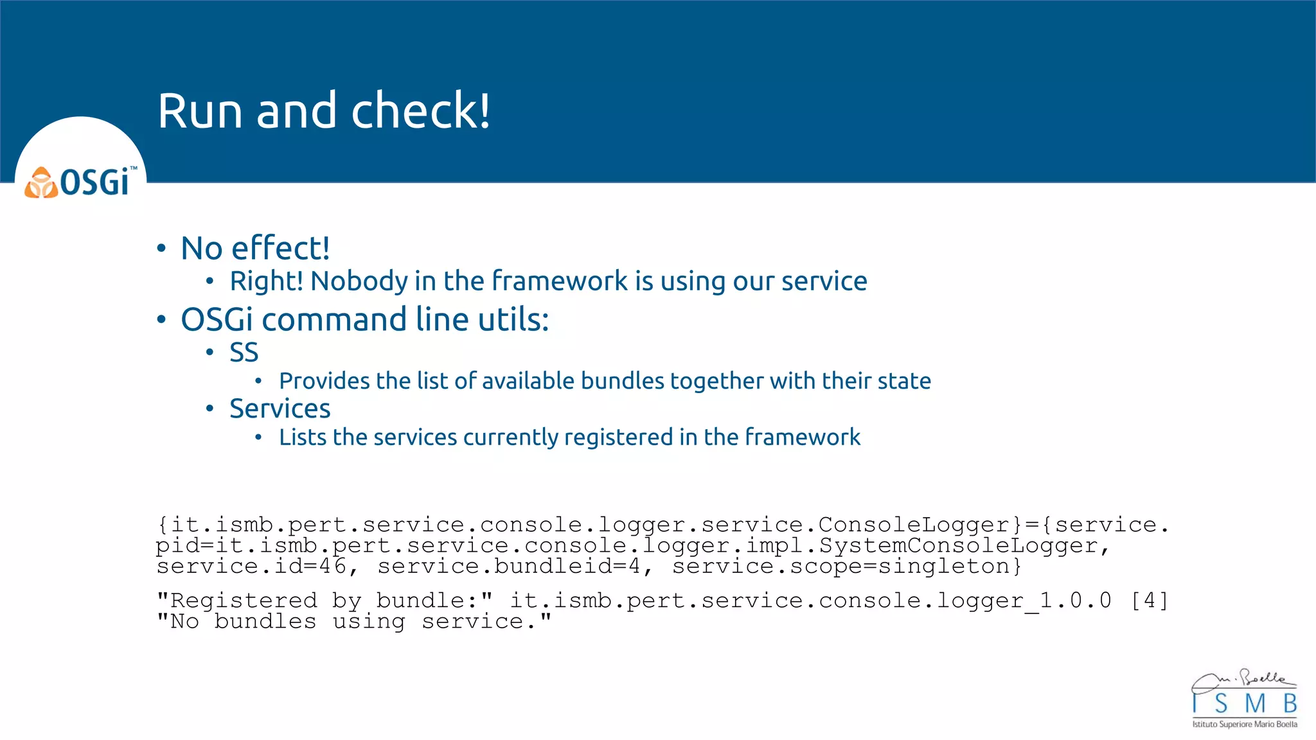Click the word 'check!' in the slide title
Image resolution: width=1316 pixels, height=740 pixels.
pyautogui.click(x=420, y=110)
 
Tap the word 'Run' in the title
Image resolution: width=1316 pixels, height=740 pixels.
pyautogui.click(x=200, y=110)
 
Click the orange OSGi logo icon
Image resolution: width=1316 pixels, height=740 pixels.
pyautogui.click(x=41, y=183)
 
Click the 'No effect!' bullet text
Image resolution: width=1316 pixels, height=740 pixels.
pyautogui.click(x=255, y=249)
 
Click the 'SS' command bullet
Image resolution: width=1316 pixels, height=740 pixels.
pyautogui.click(x=244, y=353)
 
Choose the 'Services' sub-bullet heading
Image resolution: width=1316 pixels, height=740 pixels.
pyautogui.click(x=280, y=409)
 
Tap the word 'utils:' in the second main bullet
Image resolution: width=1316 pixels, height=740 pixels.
pyautogui.click(x=514, y=319)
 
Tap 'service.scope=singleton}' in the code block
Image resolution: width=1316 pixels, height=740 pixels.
pyautogui.click(x=846, y=567)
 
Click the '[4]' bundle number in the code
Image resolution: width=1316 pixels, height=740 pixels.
pyautogui.click(x=1149, y=601)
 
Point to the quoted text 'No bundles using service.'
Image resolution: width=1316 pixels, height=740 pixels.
pyautogui.click(x=354, y=621)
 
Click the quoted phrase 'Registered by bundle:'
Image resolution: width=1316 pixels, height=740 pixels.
pyautogui.click(x=325, y=601)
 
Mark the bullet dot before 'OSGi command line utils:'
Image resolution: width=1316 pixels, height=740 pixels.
pyautogui.click(x=161, y=319)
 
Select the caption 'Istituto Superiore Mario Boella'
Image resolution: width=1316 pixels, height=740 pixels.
pyautogui.click(x=1245, y=725)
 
